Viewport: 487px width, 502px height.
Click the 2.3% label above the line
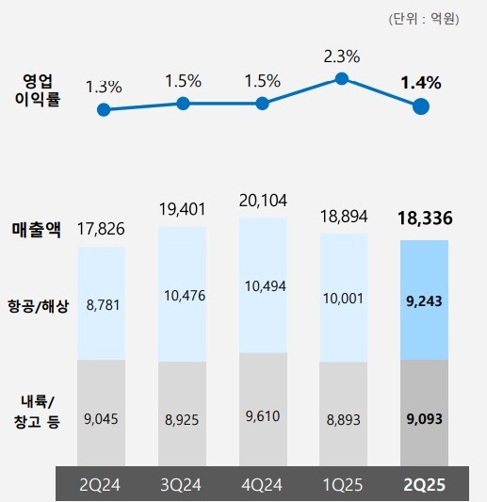point(341,57)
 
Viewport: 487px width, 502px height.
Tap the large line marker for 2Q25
point(421,106)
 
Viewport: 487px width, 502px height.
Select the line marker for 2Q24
point(104,109)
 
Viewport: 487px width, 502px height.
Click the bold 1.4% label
point(420,82)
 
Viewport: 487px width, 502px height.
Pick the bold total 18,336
point(425,219)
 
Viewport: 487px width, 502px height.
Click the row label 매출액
point(36,229)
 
